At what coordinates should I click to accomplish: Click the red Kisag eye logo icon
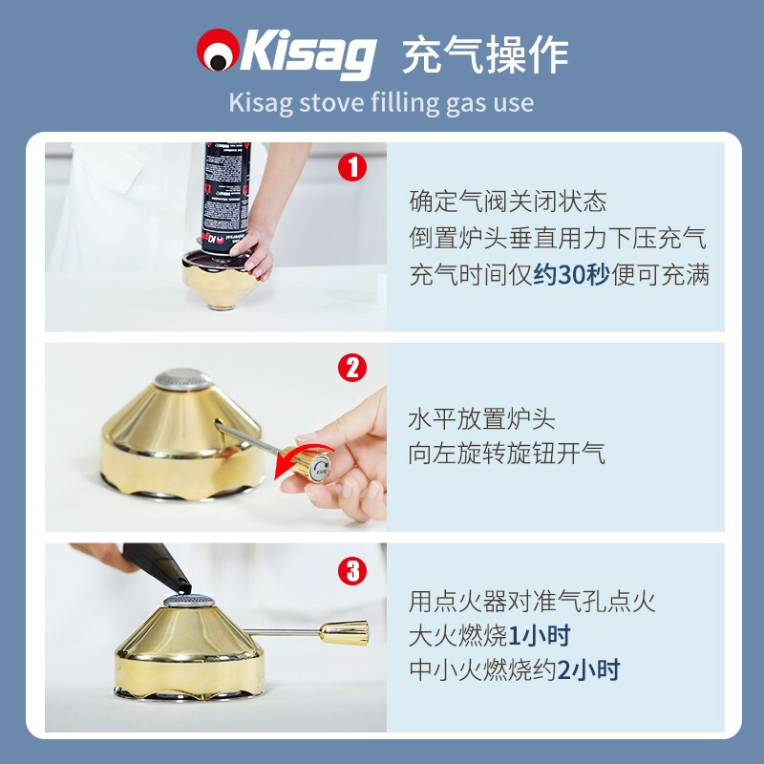click(x=217, y=53)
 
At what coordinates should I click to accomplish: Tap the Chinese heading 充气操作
click(x=484, y=54)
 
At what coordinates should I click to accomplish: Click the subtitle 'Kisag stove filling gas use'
click(x=381, y=102)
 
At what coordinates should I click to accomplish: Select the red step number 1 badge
click(x=352, y=168)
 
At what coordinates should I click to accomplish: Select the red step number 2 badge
click(x=352, y=368)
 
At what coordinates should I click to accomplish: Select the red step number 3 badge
click(x=352, y=571)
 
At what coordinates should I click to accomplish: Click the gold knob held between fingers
click(x=314, y=465)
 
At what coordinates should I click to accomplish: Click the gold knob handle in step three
click(x=343, y=631)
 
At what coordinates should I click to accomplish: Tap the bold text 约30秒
click(x=571, y=275)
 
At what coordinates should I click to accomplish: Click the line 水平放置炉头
click(x=481, y=418)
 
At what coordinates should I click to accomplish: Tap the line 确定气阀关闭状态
click(x=507, y=202)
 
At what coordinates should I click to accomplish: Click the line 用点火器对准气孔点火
click(x=532, y=601)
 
